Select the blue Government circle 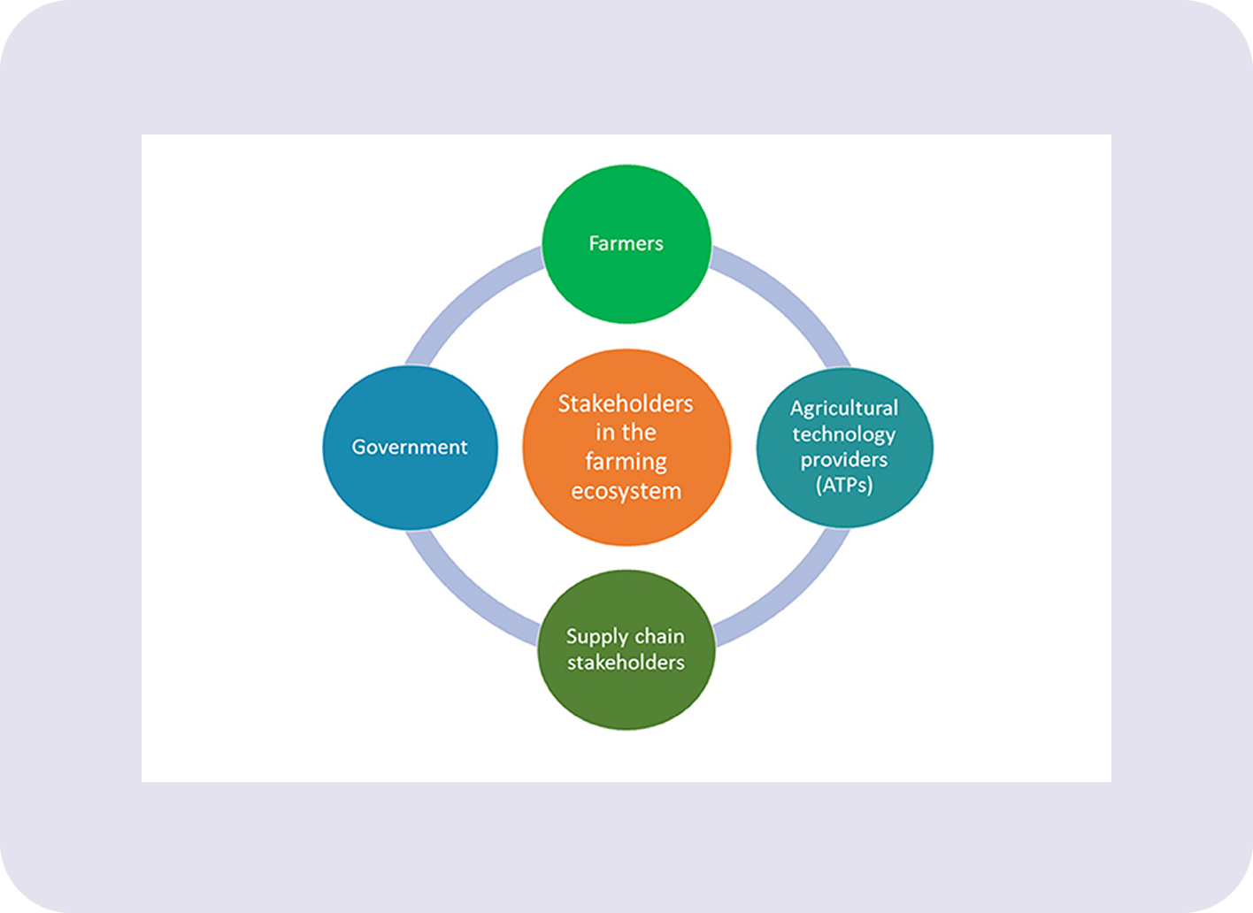(410, 482)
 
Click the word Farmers (626, 243)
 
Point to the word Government (410, 447)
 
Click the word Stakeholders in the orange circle (626, 404)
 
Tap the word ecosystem (626, 491)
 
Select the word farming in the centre (626, 462)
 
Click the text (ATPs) (844, 485)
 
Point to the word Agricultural (844, 408)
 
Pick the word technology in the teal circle (844, 434)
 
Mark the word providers (844, 460)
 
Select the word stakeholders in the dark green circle (626, 663)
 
